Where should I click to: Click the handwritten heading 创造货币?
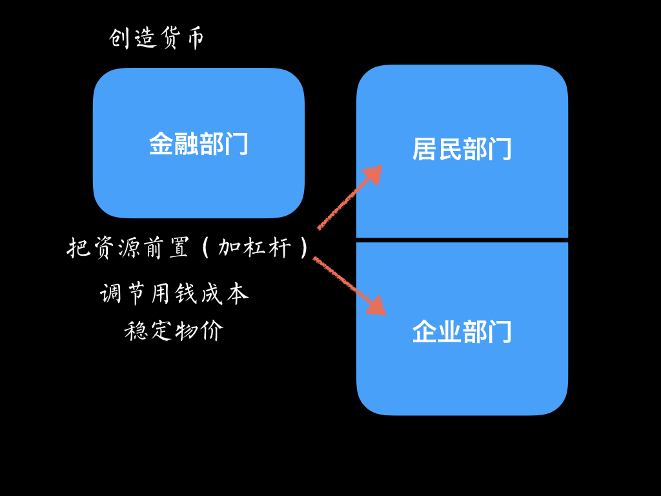point(157,39)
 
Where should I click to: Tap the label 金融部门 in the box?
point(199,144)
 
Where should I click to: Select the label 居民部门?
point(462,149)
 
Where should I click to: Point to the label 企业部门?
point(462,332)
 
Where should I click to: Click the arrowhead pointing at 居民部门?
point(374,172)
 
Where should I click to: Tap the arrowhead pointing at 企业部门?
point(377,307)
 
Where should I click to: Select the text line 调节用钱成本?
point(174,294)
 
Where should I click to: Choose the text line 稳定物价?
point(174,331)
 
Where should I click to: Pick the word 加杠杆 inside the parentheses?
point(254,247)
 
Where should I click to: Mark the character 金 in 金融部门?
point(161,144)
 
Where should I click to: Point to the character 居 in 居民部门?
point(425,149)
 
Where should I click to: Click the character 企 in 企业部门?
point(425,332)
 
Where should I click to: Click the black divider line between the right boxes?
point(462,240)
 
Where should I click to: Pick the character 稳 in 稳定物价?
point(137,331)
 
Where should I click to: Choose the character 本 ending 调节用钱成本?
point(237,294)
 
